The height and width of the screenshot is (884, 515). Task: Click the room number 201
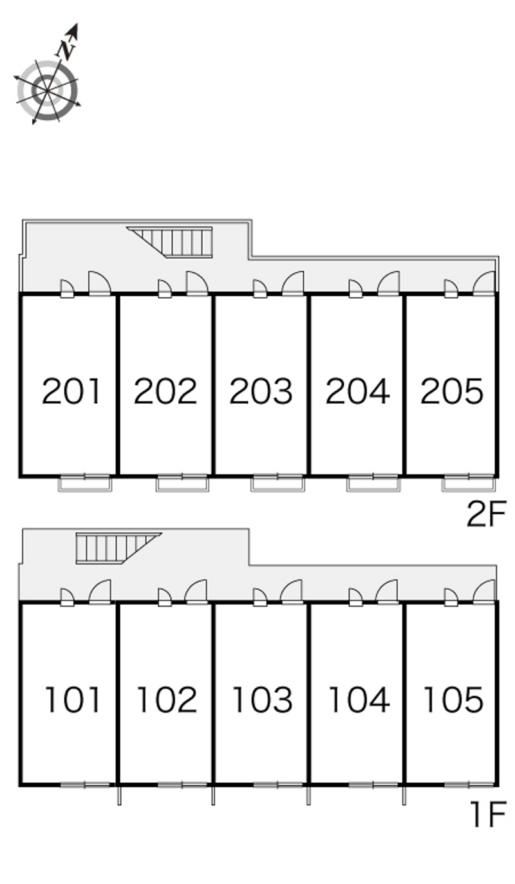click(71, 391)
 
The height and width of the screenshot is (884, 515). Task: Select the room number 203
click(261, 391)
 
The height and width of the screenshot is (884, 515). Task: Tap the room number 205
click(452, 391)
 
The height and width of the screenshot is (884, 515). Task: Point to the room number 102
click(167, 700)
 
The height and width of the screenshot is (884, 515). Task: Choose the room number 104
click(359, 700)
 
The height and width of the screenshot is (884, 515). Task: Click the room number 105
click(453, 700)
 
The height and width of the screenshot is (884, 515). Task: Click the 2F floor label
click(486, 514)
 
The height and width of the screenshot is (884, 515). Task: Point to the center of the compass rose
click(48, 91)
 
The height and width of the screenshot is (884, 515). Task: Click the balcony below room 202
click(182, 484)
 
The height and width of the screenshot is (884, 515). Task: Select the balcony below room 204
click(373, 484)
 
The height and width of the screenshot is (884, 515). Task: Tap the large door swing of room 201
click(99, 283)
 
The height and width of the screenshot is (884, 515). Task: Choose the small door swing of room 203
click(259, 288)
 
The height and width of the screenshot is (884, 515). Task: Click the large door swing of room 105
click(484, 591)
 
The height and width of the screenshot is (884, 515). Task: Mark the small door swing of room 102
click(165, 597)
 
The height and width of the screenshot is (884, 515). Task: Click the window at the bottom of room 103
click(277, 785)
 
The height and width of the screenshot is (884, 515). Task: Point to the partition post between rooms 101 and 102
click(119, 795)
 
